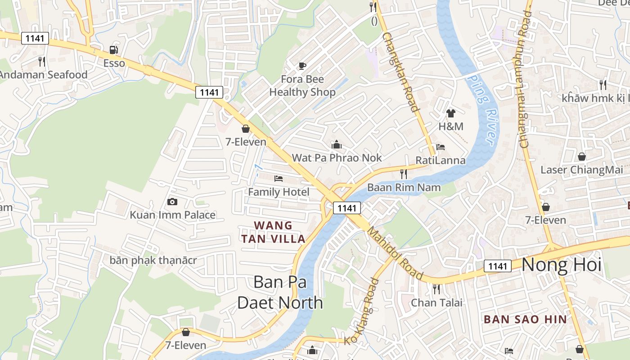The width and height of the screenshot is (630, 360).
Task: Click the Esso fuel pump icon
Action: point(114,49)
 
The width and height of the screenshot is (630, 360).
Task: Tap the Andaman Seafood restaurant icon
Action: point(41,61)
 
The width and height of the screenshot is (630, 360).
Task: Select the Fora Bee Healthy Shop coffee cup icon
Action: point(302,66)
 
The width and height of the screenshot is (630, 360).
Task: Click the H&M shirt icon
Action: point(450,113)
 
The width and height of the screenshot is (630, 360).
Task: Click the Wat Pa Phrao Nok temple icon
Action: point(336,144)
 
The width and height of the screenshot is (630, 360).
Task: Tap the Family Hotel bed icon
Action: point(279,179)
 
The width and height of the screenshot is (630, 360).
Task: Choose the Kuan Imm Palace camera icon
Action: point(172,202)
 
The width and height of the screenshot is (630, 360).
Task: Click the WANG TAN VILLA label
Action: point(273,232)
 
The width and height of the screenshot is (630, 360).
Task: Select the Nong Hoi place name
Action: point(561,265)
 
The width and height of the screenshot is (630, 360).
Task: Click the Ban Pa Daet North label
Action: point(280,292)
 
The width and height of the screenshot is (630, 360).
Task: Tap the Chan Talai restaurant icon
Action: point(436,288)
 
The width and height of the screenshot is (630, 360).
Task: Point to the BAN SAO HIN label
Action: point(525,319)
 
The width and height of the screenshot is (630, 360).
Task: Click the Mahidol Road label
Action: point(395,253)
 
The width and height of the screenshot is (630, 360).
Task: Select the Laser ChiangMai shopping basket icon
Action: point(581,157)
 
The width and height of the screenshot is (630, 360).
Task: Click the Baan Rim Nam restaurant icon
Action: point(403,174)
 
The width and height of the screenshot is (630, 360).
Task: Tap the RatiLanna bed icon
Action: point(441,147)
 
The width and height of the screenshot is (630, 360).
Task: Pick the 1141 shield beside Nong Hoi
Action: point(498,266)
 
